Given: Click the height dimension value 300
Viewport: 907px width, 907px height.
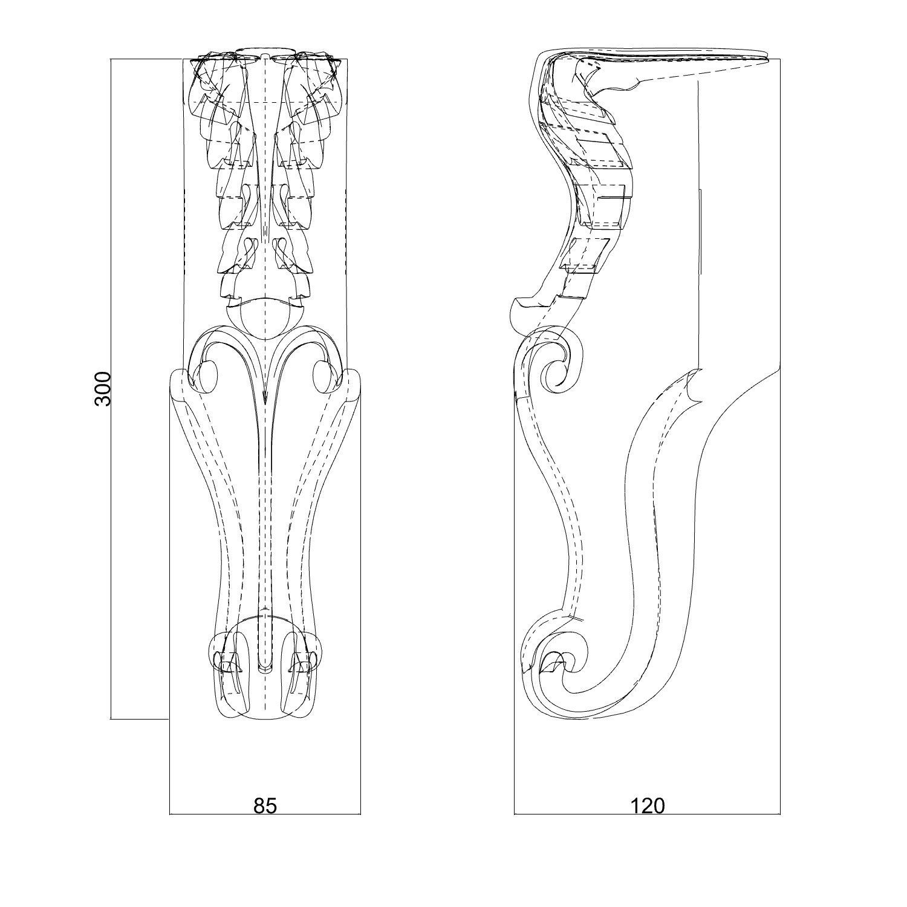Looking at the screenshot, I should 103,388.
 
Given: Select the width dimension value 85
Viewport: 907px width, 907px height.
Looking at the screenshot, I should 265,806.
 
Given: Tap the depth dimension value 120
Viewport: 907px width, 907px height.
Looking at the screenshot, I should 647,806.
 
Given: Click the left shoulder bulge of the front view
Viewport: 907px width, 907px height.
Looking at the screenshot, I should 177,387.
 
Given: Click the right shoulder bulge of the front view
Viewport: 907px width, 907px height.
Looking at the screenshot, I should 354,387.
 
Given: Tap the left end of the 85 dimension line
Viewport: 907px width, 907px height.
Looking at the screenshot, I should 170,814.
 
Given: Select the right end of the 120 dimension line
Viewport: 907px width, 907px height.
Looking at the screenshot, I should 779,814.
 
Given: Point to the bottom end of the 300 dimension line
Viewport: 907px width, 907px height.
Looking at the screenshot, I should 112,719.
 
